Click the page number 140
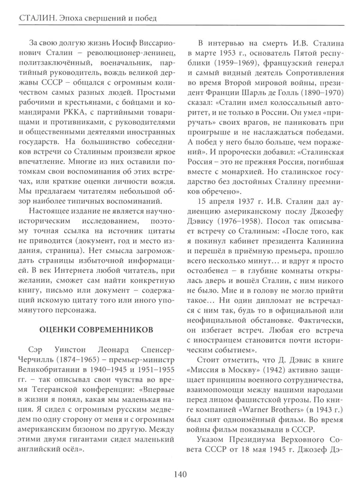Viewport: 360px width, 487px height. click(180, 473)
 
